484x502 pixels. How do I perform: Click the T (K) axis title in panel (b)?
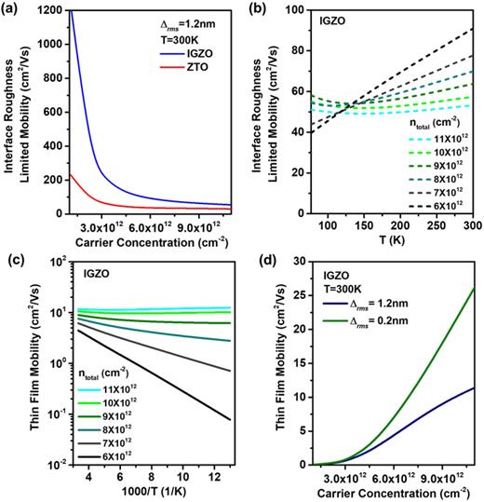coord(392,237)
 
